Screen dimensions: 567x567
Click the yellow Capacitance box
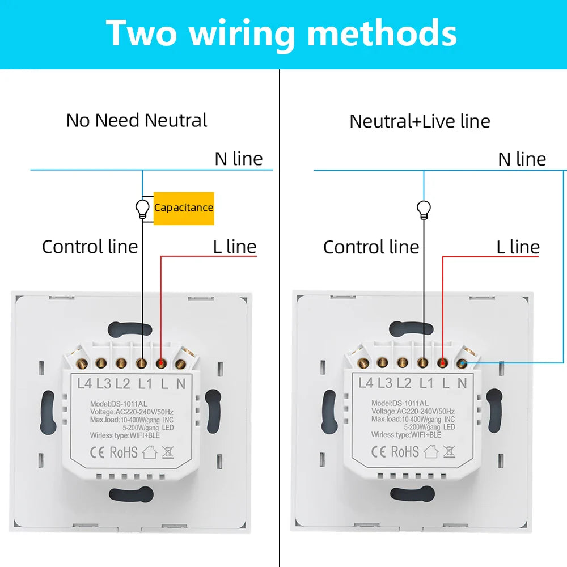(x=184, y=208)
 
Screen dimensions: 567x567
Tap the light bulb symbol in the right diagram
(x=423, y=209)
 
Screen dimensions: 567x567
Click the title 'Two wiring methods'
(x=282, y=33)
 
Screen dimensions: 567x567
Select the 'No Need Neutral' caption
(x=137, y=120)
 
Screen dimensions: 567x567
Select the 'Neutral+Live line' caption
(x=420, y=121)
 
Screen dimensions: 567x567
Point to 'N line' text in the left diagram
(x=239, y=159)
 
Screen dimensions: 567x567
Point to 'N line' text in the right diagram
(x=522, y=159)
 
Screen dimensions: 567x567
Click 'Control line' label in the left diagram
(x=90, y=247)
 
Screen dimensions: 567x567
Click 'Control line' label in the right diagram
(x=371, y=247)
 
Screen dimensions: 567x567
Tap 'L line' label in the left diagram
(x=235, y=247)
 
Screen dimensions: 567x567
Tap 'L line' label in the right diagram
(x=518, y=247)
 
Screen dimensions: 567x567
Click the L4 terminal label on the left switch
(x=84, y=384)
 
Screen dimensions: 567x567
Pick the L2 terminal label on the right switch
(x=404, y=383)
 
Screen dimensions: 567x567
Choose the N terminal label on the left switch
(x=181, y=384)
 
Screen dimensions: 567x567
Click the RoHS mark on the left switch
(x=124, y=452)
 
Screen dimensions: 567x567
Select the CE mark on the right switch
(x=378, y=451)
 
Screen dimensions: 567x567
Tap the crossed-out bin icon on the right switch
(x=450, y=451)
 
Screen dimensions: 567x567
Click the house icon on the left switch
(x=149, y=452)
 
